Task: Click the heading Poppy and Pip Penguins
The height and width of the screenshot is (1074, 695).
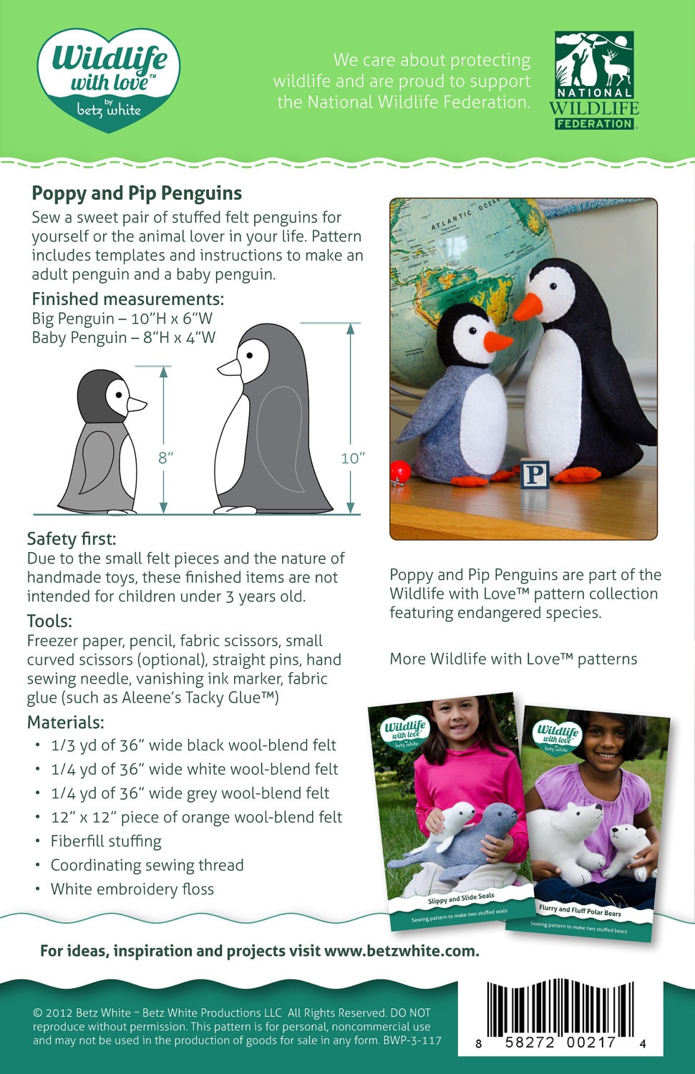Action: [x=137, y=193]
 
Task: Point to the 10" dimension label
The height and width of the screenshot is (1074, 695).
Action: [x=353, y=458]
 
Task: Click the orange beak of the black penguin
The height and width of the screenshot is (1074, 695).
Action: [x=528, y=306]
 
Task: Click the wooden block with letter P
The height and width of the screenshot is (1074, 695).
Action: [x=535, y=474]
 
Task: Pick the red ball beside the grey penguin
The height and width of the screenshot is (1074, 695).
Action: [x=400, y=471]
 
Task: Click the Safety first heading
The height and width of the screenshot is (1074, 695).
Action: [x=72, y=539]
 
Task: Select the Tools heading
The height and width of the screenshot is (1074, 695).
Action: [x=49, y=621]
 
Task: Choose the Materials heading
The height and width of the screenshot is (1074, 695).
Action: [x=65, y=722]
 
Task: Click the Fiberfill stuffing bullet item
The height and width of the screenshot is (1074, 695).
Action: [x=106, y=841]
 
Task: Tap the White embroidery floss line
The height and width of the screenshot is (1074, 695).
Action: [x=132, y=889]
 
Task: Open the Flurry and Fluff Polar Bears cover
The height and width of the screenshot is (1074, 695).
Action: [x=587, y=823]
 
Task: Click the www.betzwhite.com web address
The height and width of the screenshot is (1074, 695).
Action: [x=401, y=951]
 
